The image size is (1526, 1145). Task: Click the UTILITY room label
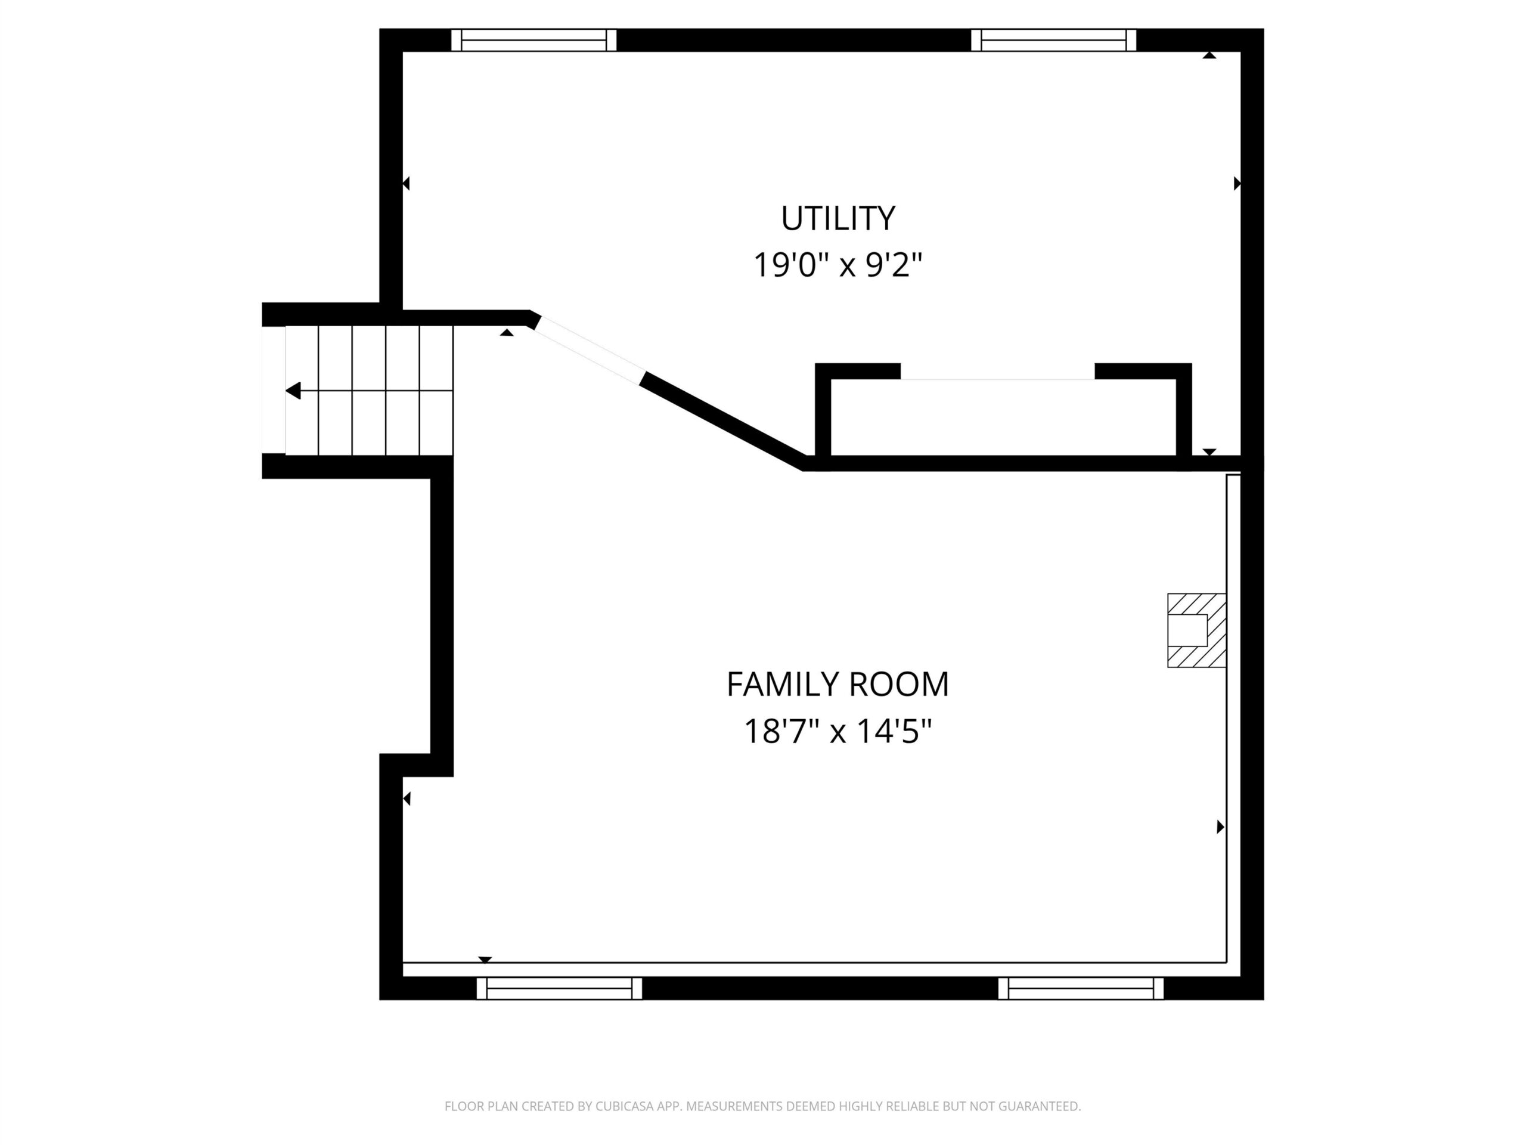838,218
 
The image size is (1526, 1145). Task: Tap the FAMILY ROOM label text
838,684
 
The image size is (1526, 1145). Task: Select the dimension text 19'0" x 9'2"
838,264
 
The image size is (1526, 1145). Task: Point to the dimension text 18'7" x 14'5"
838,731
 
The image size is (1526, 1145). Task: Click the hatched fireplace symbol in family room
1196,630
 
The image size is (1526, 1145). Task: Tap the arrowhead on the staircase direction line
293,391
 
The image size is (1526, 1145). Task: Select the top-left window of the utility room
534,40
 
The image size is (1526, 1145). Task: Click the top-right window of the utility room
1053,40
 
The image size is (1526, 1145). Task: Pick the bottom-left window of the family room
560,988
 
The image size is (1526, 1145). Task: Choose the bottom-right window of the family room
1081,988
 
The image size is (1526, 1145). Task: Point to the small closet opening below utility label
997,379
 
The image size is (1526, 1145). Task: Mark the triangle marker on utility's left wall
407,184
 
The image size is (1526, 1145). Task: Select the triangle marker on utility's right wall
1237,184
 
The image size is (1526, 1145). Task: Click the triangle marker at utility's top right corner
1209,55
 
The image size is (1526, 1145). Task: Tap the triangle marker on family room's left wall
407,799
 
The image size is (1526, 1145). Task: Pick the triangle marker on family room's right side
1220,826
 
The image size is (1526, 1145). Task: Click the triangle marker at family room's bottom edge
485,960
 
